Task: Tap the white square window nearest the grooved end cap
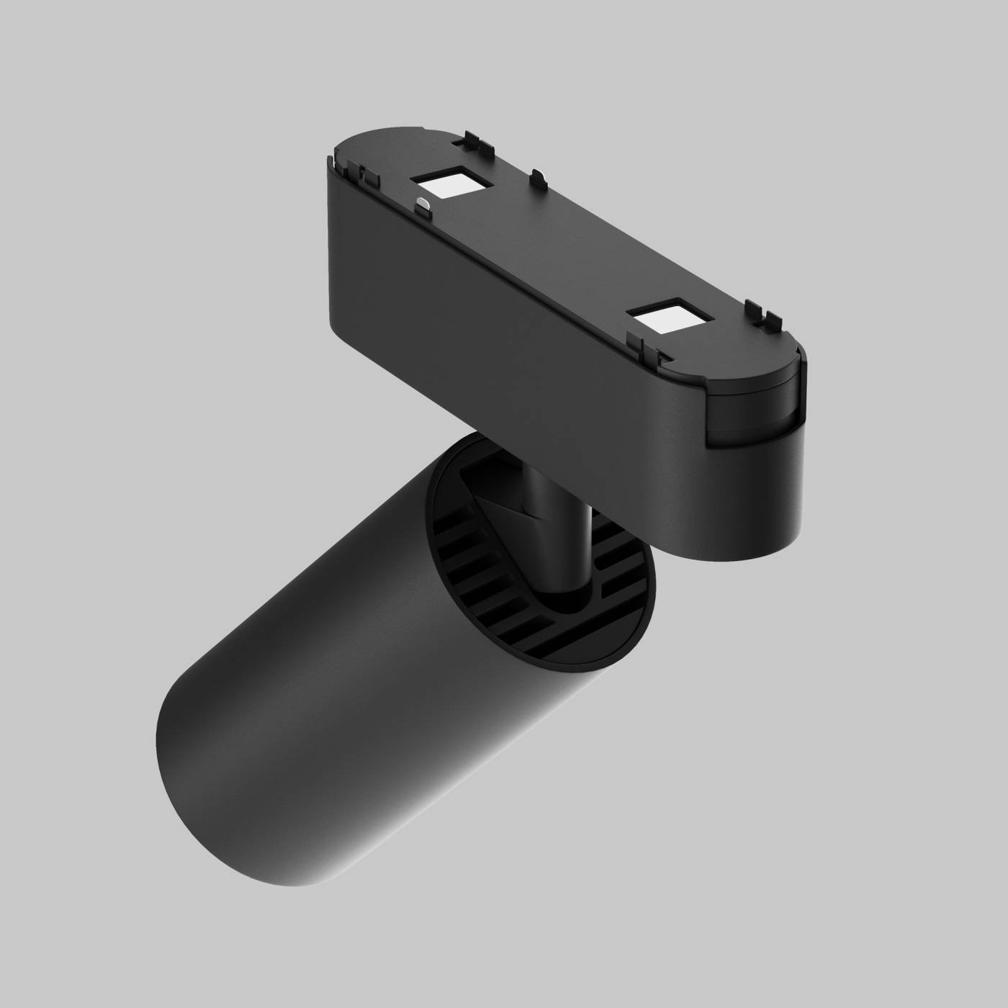point(664,317)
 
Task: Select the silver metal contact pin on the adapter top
point(424,206)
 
